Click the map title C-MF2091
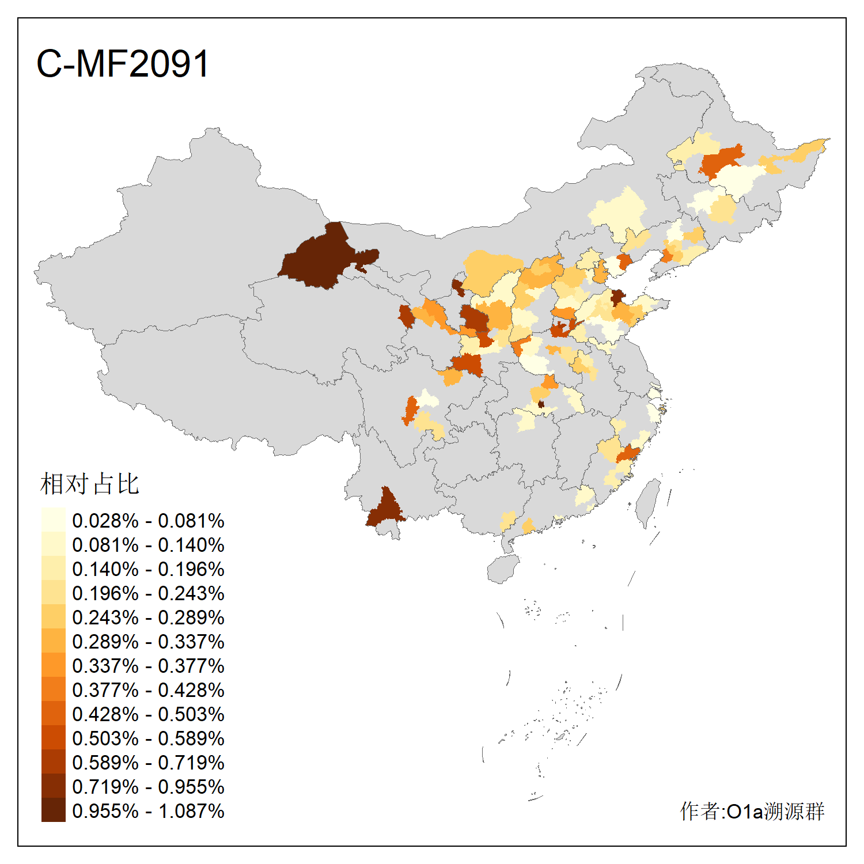122,63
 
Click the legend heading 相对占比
89,484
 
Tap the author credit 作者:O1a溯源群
752,811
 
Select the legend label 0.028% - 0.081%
148,521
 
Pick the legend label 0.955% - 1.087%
148,811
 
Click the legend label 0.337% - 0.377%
148,666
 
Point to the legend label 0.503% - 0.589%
148,738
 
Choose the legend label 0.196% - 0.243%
148,593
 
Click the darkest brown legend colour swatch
53,810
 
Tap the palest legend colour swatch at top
53,520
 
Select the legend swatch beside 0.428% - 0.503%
53,714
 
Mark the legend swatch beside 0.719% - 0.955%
53,786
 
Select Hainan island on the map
502,569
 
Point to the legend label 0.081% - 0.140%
148,545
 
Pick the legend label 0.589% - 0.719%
148,763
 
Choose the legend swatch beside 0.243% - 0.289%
53,617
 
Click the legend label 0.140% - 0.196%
148,569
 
